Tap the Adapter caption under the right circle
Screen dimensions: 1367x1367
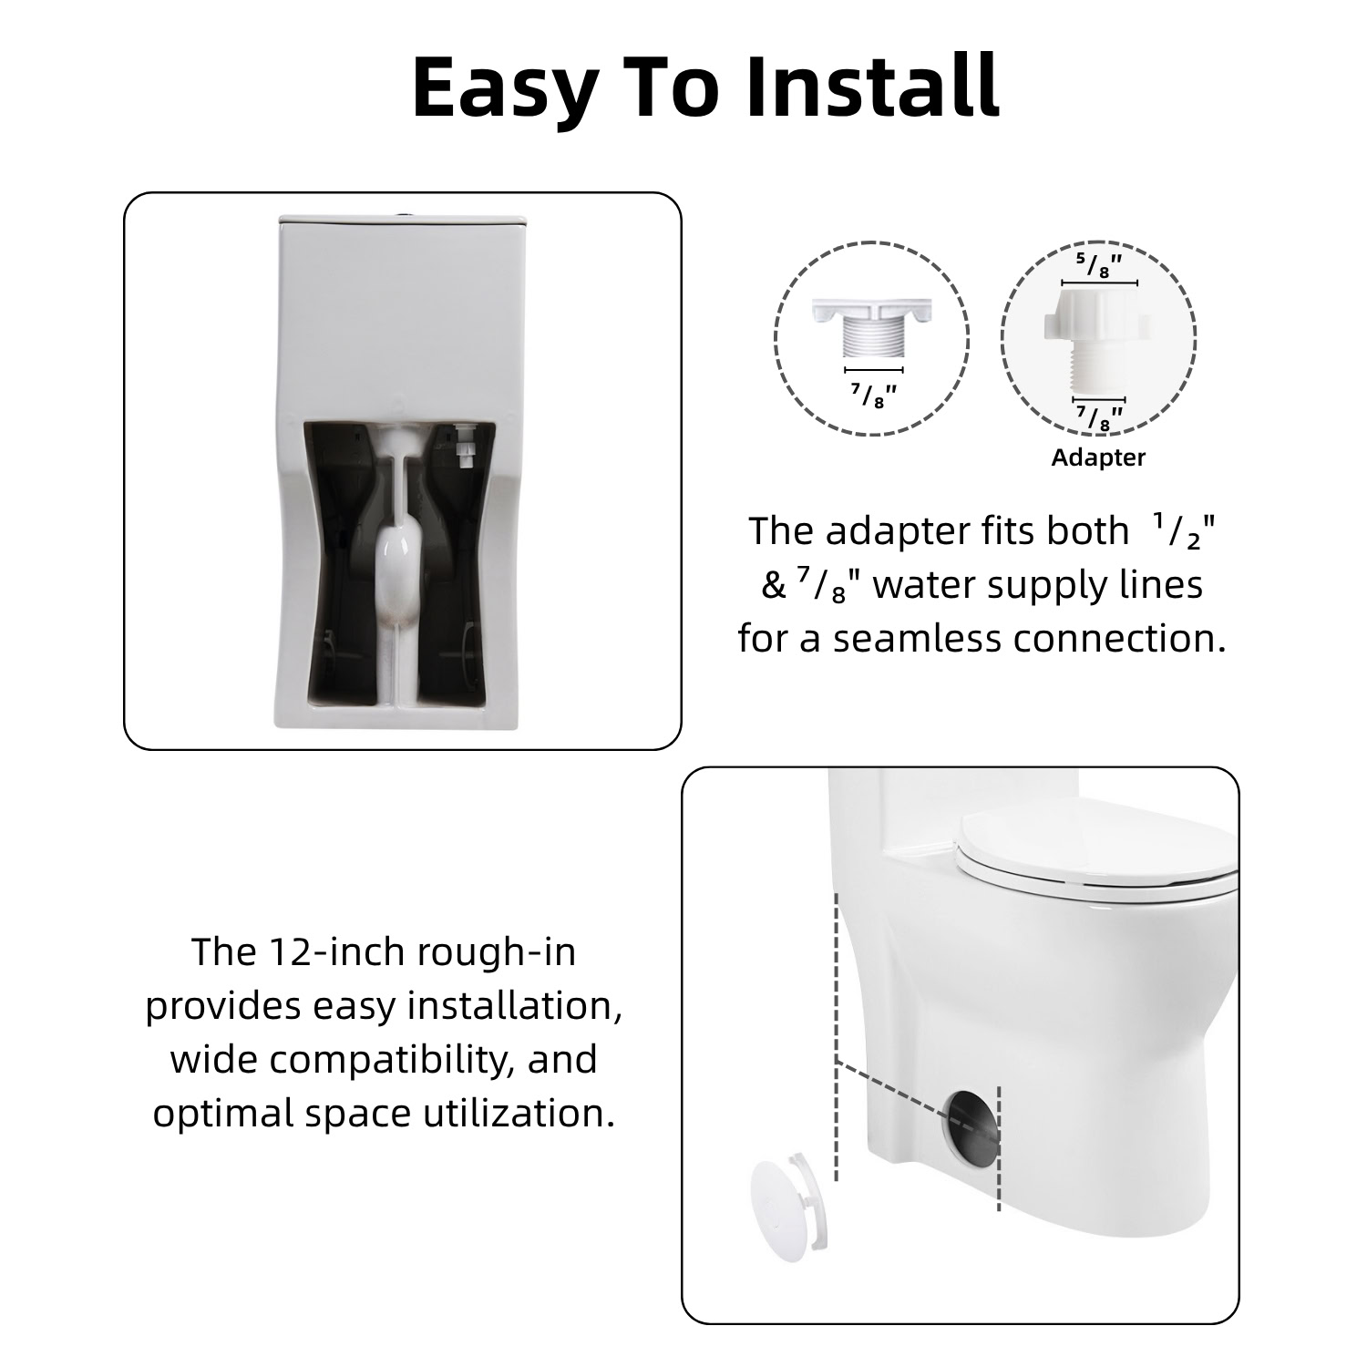(x=1098, y=457)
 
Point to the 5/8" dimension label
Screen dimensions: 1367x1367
(x=1098, y=265)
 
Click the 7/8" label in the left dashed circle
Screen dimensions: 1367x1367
(x=874, y=395)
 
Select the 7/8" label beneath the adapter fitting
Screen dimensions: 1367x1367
(x=1099, y=418)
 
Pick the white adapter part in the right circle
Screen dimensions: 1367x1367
(x=1098, y=339)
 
